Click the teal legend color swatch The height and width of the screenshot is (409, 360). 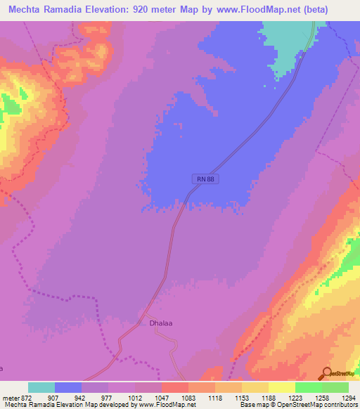tap(41, 387)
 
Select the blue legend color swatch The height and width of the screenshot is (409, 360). tap(68, 387)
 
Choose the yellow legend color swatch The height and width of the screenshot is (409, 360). tap(282, 387)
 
